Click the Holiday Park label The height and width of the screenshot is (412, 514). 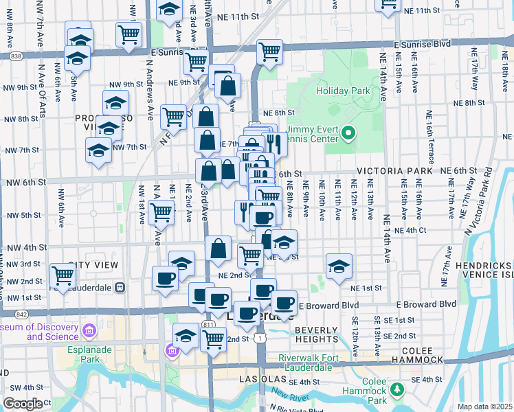point(343,90)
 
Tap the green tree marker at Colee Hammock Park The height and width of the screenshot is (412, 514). point(396,390)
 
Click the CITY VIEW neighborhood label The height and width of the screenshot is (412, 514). point(93,265)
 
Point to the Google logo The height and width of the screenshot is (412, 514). point(22,404)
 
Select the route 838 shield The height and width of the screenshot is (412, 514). point(16,56)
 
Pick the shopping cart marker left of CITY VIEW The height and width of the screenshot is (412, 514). point(63,277)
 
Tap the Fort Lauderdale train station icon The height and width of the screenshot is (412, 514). point(120,287)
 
